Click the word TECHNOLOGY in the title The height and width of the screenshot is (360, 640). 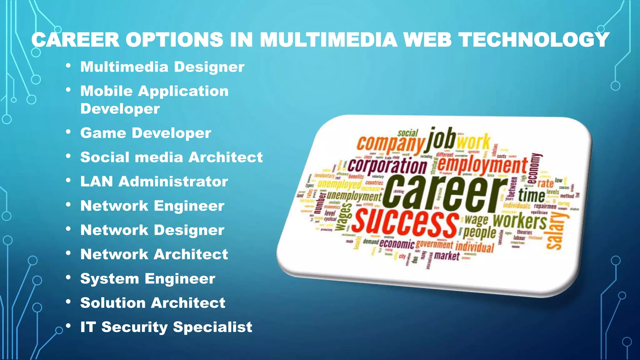534,40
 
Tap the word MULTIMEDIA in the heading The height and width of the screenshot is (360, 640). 328,40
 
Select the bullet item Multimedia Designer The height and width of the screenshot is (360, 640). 162,67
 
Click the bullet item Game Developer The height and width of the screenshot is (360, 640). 146,133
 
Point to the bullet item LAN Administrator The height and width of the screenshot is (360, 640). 154,182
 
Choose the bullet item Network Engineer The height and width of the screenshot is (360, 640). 152,206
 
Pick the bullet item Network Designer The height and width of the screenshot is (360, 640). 152,230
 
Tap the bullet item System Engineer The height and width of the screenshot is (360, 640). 147,279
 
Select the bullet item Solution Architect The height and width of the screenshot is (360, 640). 152,303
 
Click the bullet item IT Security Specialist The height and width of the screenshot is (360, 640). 166,327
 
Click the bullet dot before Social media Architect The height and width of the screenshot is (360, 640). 68,156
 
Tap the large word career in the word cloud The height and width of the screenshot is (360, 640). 444,194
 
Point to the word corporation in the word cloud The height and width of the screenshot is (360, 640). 387,166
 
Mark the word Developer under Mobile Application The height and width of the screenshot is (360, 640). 120,109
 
